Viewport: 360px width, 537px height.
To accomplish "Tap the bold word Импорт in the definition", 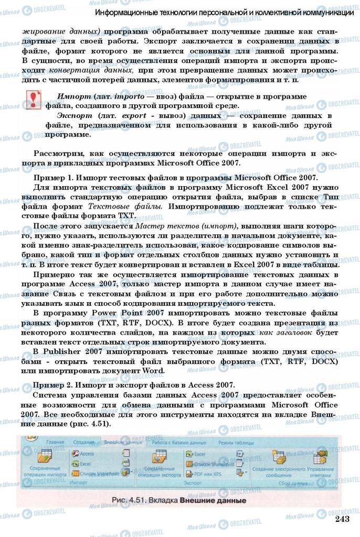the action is point(74,98).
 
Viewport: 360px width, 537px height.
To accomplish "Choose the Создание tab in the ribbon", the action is point(83,442).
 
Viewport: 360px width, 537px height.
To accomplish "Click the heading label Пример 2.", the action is point(51,385).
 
